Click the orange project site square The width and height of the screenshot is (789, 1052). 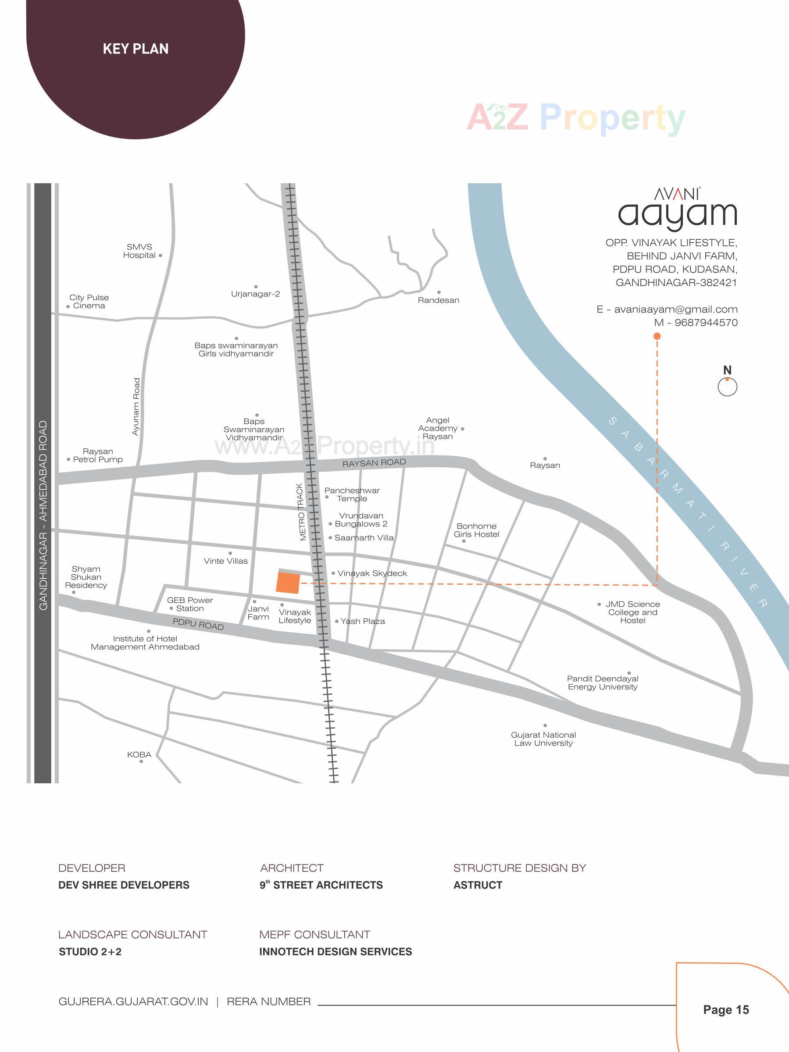pyautogui.click(x=288, y=583)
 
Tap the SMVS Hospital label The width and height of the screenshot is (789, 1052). pyautogui.click(x=139, y=251)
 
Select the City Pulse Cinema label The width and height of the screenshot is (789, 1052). pyautogui.click(x=89, y=302)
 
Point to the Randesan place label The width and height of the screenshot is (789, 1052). pyautogui.click(x=438, y=300)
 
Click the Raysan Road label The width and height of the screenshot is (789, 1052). pyautogui.click(x=374, y=463)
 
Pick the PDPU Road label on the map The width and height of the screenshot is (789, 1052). pyautogui.click(x=198, y=624)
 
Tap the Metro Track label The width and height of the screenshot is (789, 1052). pyautogui.click(x=301, y=512)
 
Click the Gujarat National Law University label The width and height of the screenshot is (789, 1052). pyautogui.click(x=543, y=739)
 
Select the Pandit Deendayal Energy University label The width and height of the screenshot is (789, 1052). pyautogui.click(x=602, y=682)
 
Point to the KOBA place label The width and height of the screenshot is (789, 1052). pyautogui.click(x=139, y=755)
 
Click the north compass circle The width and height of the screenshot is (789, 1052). pyautogui.click(x=727, y=387)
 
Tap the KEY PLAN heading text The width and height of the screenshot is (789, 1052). pyautogui.click(x=136, y=49)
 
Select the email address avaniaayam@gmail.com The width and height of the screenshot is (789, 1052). pyautogui.click(x=675, y=309)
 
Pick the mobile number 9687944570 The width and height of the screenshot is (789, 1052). pyautogui.click(x=706, y=323)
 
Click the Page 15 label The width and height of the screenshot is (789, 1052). pyautogui.click(x=726, y=1009)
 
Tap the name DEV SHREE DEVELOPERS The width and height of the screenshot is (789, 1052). pyautogui.click(x=124, y=885)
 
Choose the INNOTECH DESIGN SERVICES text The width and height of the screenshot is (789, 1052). pyautogui.click(x=336, y=952)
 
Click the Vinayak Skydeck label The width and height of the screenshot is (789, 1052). pyautogui.click(x=372, y=573)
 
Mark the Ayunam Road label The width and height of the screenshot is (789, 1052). pyautogui.click(x=136, y=407)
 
